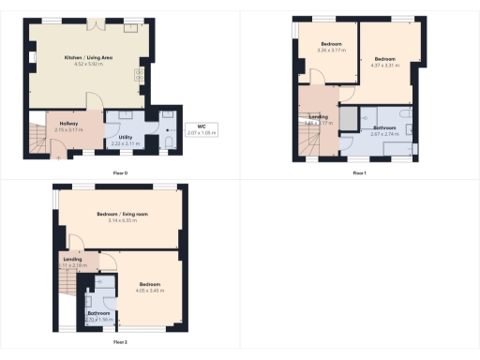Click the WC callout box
(x=201, y=130)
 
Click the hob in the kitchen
(x=139, y=75)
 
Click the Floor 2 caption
(x=119, y=342)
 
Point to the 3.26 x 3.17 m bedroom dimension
(x=332, y=50)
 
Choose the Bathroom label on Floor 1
(x=385, y=127)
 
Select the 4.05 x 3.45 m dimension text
(x=150, y=291)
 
